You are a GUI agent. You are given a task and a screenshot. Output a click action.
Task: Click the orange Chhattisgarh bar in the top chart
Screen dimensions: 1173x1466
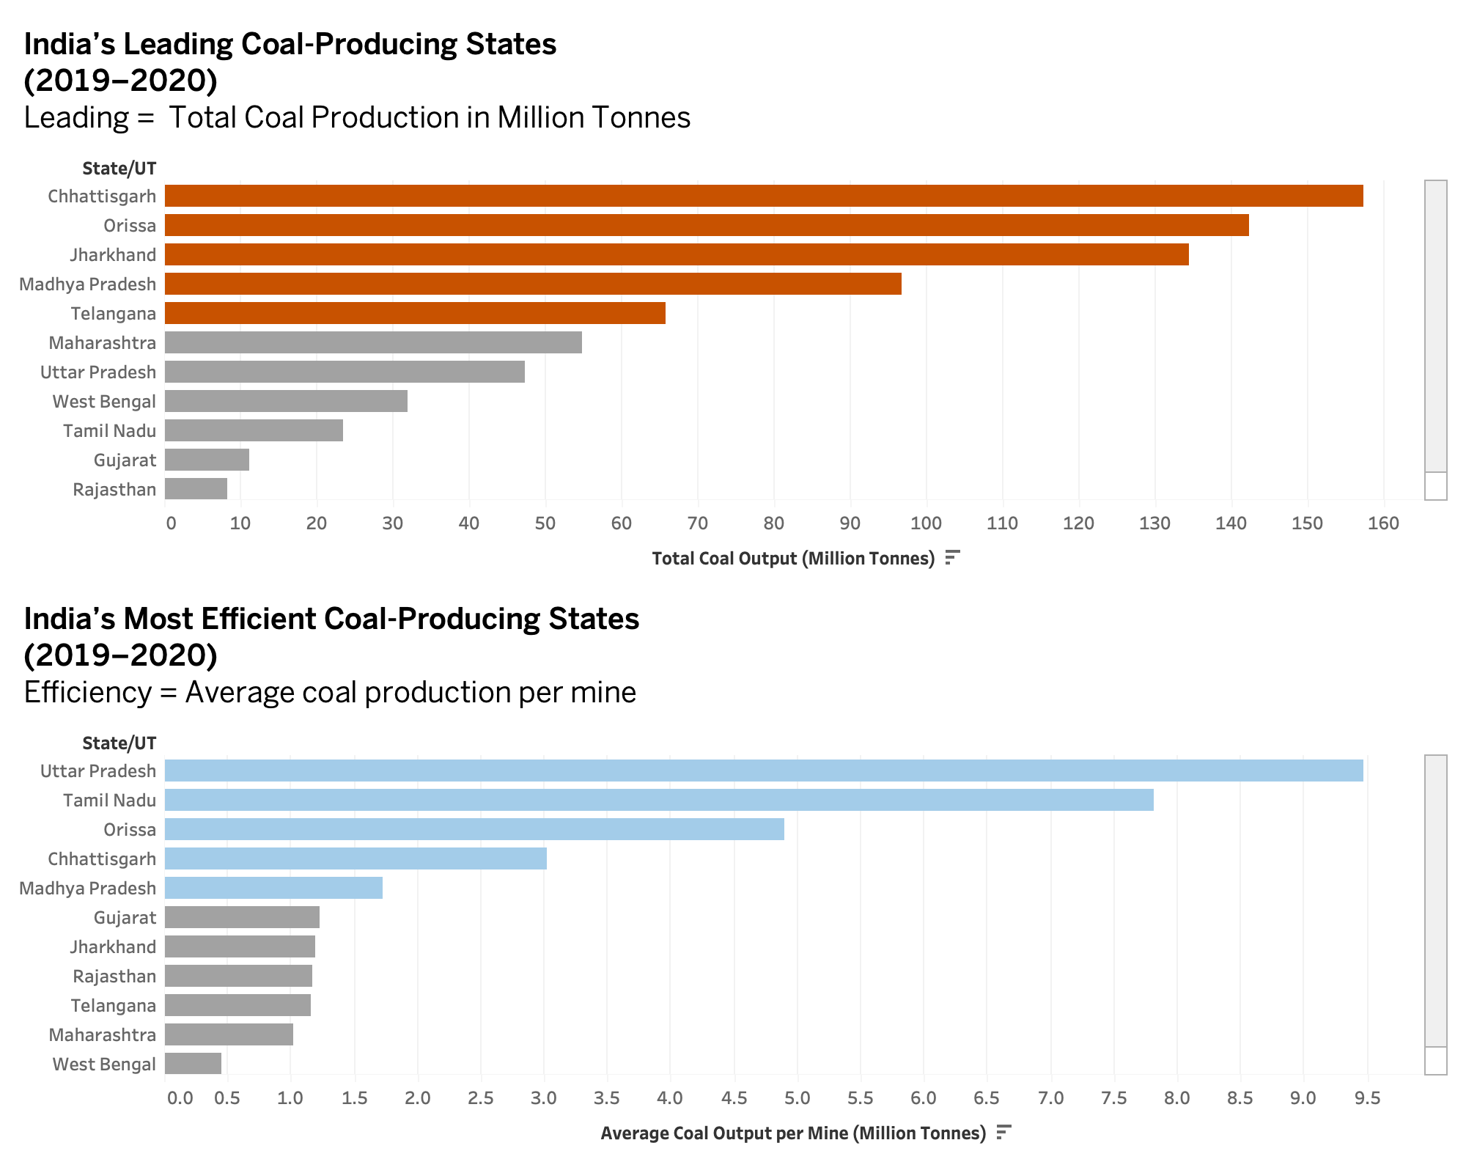762,196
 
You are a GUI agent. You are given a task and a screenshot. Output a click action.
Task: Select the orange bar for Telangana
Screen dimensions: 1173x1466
415,313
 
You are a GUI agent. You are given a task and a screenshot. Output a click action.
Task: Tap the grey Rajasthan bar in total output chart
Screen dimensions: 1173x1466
196,489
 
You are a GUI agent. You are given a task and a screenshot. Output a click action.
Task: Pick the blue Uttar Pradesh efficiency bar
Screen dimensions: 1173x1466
762,771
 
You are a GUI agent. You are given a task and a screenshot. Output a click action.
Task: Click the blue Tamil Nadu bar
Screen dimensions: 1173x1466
658,800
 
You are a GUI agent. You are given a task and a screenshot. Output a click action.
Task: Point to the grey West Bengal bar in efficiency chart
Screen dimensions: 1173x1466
193,1064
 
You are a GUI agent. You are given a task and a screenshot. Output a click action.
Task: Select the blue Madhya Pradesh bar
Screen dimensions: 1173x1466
273,888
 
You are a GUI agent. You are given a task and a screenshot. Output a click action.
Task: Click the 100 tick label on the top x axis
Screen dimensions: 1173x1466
926,523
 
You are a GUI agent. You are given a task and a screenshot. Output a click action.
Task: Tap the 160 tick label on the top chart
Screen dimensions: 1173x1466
1383,523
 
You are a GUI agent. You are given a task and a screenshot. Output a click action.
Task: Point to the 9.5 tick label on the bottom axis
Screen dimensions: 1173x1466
1367,1098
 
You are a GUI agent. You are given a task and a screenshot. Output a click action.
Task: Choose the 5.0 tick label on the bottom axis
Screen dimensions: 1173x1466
797,1098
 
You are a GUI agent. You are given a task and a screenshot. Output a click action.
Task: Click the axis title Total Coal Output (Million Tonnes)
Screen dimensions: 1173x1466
793,559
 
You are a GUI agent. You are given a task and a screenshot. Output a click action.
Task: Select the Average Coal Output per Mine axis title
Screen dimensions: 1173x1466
793,1133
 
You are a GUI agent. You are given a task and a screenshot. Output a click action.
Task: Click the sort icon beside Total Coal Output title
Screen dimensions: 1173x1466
952,558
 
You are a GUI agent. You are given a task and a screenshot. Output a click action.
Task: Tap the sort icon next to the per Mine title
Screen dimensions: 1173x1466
1003,1133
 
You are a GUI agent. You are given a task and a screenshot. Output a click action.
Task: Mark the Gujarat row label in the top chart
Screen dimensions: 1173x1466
125,460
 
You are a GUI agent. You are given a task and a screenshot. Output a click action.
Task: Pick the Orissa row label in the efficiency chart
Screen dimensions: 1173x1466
130,830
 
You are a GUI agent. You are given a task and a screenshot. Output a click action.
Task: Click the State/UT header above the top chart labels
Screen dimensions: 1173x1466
119,169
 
